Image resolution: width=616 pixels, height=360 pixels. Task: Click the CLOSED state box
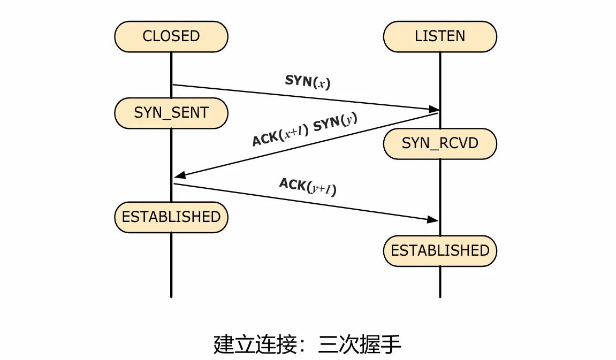pyautogui.click(x=171, y=36)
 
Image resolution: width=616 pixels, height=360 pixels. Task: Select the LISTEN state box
pyautogui.click(x=440, y=36)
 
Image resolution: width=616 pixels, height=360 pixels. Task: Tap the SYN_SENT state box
pyautogui.click(x=171, y=113)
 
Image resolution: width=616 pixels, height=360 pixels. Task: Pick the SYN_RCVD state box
pyautogui.click(x=440, y=143)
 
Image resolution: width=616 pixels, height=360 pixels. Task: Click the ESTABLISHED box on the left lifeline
pyautogui.click(x=171, y=217)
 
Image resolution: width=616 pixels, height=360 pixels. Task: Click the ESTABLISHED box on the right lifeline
pyautogui.click(x=440, y=250)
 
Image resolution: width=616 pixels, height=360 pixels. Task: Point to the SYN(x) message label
pyautogui.click(x=308, y=82)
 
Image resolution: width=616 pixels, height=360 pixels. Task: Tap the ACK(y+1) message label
pyautogui.click(x=308, y=187)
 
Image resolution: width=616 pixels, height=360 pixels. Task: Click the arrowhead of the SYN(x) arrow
pyautogui.click(x=435, y=109)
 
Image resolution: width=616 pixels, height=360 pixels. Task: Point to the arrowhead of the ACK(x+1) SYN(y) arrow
pyautogui.click(x=179, y=175)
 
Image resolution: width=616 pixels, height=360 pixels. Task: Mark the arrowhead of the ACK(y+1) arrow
pyautogui.click(x=434, y=219)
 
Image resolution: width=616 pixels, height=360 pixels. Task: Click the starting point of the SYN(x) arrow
pyautogui.click(x=172, y=85)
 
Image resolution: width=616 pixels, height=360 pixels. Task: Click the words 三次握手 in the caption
pyautogui.click(x=359, y=344)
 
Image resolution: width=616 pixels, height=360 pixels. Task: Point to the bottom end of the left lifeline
pyautogui.click(x=171, y=296)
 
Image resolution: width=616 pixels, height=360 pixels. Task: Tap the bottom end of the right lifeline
pyautogui.click(x=440, y=296)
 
